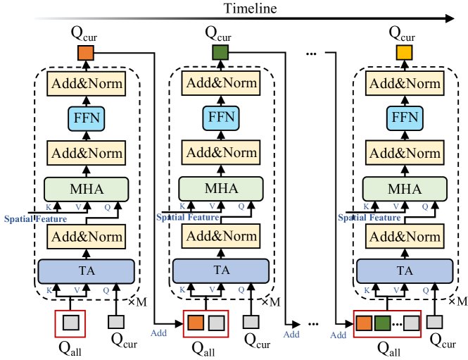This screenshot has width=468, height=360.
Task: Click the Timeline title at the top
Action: [x=251, y=8]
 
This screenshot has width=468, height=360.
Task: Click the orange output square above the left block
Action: [x=85, y=53]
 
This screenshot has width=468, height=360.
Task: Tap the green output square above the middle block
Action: [x=220, y=53]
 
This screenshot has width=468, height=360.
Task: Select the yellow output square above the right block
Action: [x=404, y=53]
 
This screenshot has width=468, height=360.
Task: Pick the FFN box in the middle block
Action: [x=220, y=118]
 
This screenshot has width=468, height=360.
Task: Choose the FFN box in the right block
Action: [x=404, y=118]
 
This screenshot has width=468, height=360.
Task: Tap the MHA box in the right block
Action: [x=404, y=189]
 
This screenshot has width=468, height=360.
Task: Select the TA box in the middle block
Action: [x=220, y=270]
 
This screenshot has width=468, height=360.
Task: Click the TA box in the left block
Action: [x=85, y=270]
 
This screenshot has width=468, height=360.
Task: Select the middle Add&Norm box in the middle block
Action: [x=220, y=152]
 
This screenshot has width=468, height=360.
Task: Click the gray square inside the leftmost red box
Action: [x=70, y=323]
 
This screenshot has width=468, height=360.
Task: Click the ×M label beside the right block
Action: [x=457, y=301]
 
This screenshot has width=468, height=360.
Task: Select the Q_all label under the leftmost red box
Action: [x=70, y=347]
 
